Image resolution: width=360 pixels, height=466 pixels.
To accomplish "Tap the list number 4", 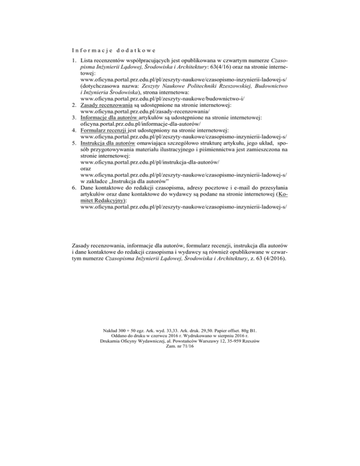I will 74,128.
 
